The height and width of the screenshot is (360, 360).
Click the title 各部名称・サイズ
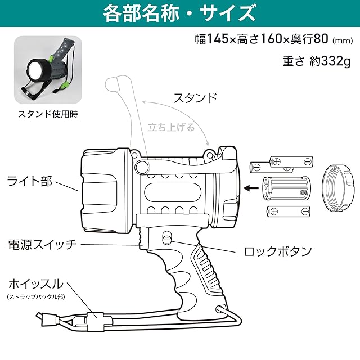point(179,13)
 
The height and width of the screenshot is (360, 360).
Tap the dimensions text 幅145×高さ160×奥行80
point(262,40)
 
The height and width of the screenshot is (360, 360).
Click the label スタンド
point(195,97)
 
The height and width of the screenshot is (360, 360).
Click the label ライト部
point(30,181)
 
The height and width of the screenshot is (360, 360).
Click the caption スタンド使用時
point(48,113)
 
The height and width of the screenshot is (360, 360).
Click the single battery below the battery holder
point(287,213)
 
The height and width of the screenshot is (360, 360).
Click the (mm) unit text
point(342,40)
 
